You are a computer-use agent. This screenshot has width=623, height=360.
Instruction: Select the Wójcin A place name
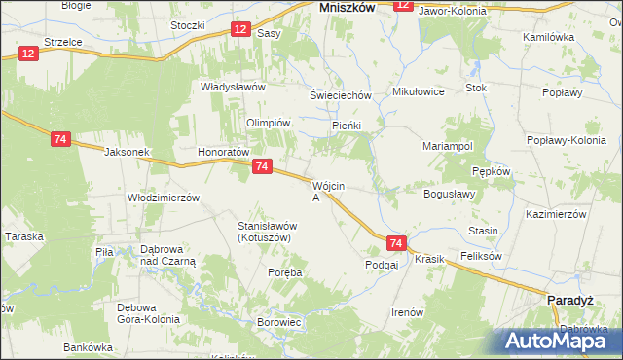point(324,191)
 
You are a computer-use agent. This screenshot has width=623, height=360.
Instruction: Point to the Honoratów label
point(225,153)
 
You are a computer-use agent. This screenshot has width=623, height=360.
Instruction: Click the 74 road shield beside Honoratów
point(261,168)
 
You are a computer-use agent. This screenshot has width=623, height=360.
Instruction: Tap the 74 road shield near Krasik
point(395,243)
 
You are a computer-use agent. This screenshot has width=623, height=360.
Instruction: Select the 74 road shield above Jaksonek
point(60,140)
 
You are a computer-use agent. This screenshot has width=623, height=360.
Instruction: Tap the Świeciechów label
point(341,95)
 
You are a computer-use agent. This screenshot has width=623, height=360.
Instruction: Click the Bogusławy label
point(449,194)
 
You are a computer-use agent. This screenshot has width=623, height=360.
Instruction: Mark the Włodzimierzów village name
point(164,197)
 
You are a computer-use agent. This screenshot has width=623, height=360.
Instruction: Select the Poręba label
point(285,273)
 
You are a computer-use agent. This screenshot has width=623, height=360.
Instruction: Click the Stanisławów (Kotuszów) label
point(268,232)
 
